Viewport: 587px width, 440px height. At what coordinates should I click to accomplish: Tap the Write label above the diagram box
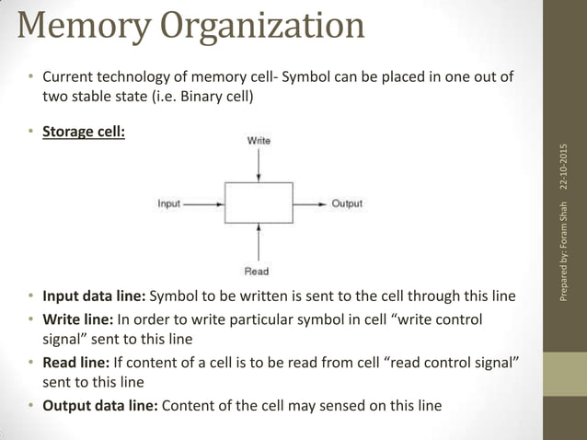259,141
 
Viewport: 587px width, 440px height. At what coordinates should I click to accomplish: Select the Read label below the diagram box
257,271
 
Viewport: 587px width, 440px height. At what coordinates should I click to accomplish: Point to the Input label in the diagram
169,203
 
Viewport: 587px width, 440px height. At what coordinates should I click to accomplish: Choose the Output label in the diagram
347,203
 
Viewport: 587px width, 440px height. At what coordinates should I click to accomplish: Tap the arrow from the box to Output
309,203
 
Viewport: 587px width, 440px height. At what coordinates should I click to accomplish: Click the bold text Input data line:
94,296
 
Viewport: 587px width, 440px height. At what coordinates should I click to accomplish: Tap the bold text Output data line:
100,405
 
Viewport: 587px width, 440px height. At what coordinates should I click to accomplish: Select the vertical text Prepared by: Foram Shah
563,253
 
